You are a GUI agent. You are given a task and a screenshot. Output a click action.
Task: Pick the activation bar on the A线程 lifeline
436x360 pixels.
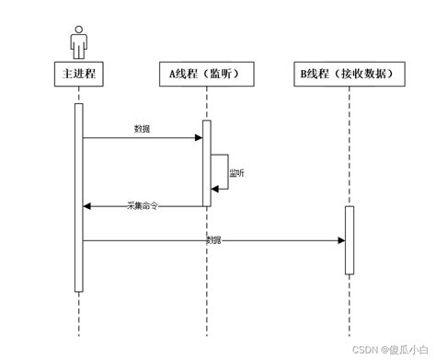coord(207,163)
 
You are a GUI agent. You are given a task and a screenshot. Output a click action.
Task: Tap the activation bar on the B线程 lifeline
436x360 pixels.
coord(350,240)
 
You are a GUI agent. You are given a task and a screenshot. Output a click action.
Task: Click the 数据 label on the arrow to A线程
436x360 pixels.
coord(144,128)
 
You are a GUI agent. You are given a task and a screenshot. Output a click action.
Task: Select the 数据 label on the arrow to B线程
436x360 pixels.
coord(213,240)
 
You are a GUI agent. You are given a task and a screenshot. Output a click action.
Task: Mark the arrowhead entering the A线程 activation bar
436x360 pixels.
coord(198,138)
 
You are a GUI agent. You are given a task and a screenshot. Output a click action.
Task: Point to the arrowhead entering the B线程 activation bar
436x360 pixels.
coord(340,240)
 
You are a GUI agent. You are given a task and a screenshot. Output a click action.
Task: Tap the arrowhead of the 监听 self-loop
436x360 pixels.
coord(216,189)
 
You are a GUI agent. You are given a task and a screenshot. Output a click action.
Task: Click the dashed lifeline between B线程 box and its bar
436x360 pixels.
coord(350,147)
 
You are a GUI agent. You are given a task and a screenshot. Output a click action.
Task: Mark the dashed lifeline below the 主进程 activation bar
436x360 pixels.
coord(79,318)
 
